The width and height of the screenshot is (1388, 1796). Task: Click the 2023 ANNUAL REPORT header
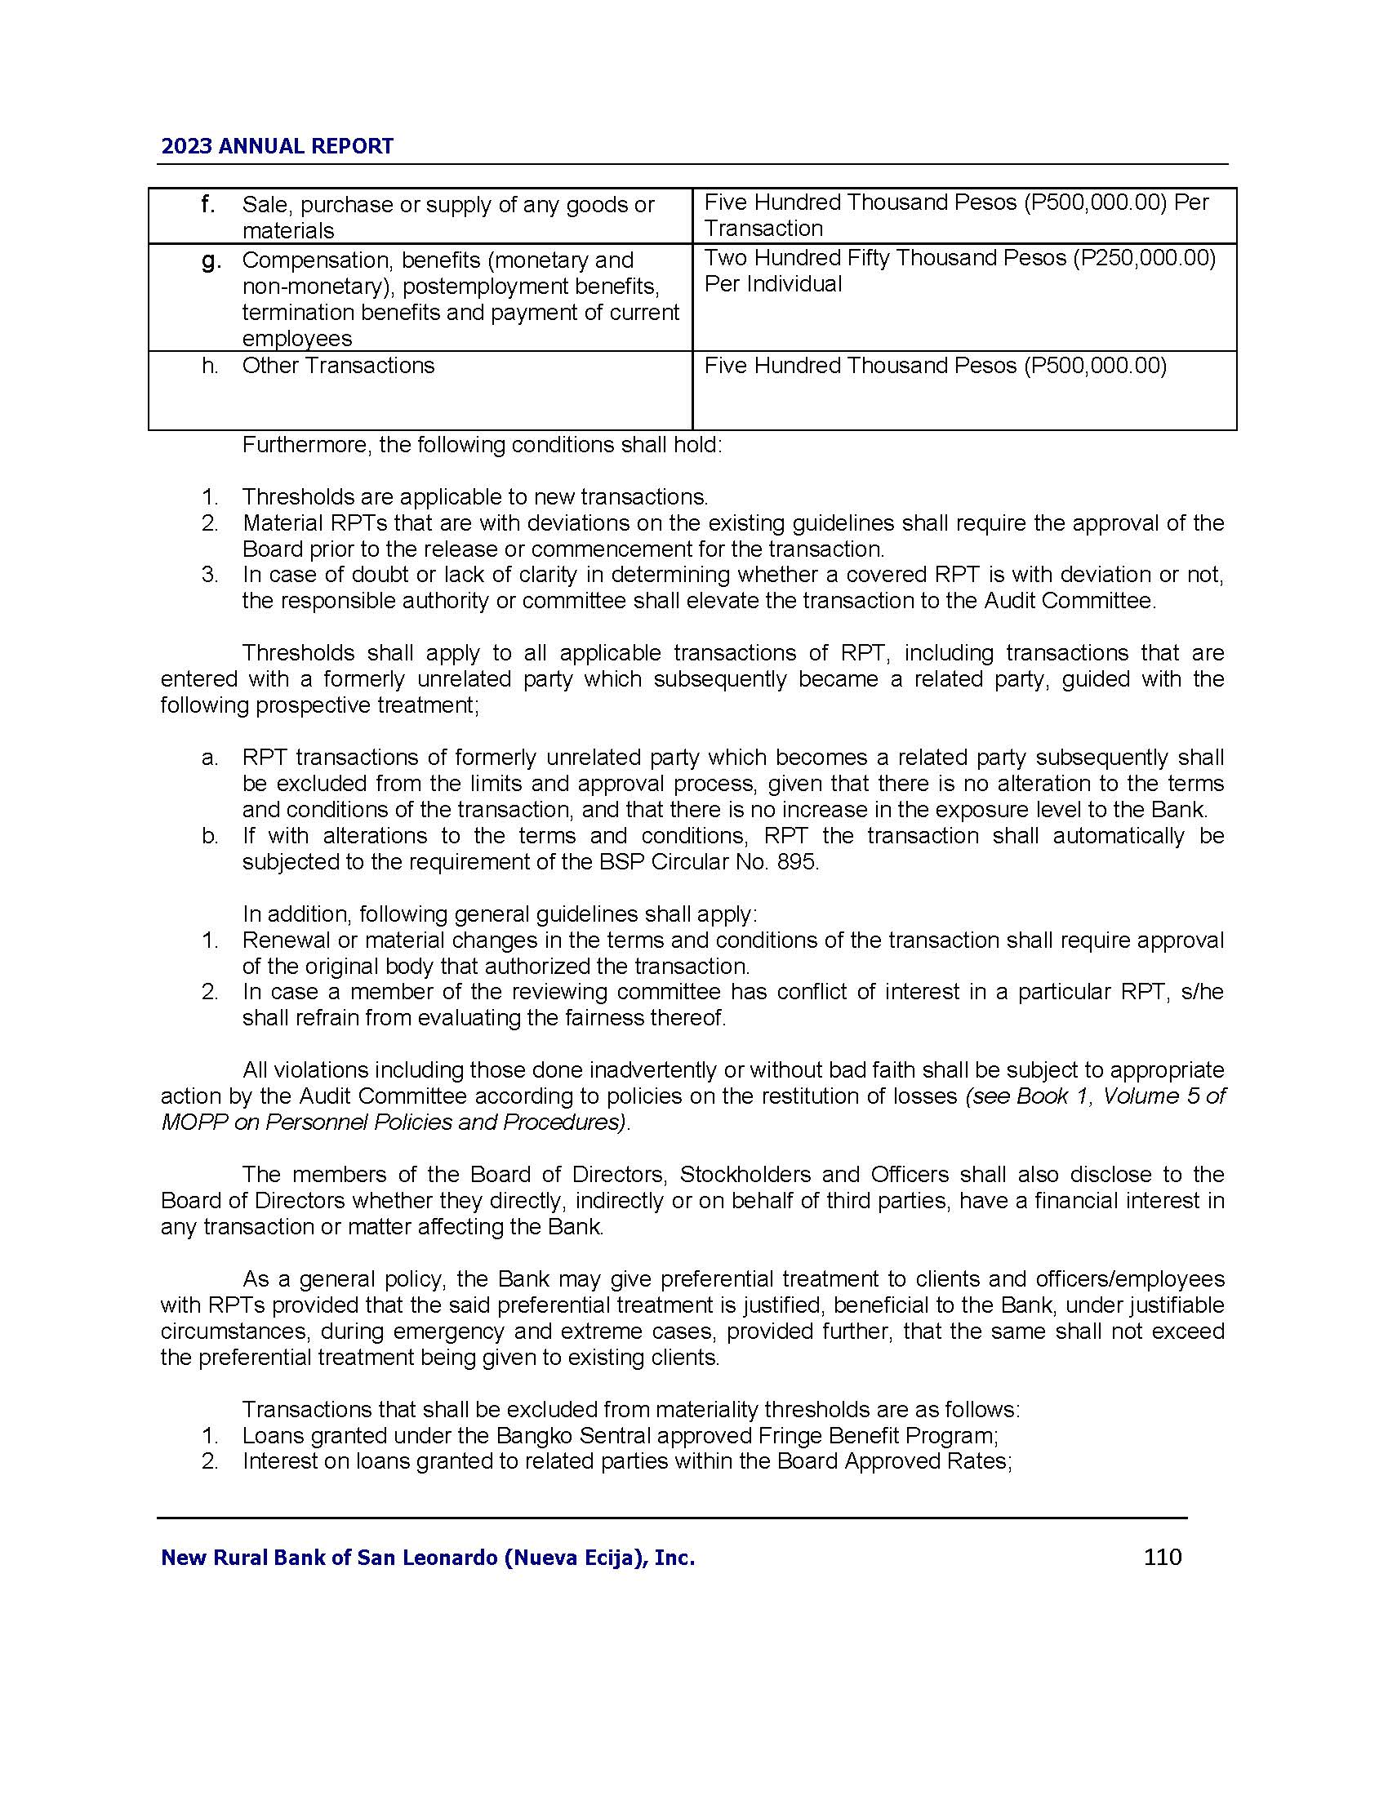pyautogui.click(x=277, y=146)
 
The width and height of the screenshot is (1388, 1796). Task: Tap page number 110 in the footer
pyautogui.click(x=1162, y=1557)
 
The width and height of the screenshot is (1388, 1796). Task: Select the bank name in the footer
pyautogui.click(x=428, y=1558)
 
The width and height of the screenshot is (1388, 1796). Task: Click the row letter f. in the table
pyautogui.click(x=208, y=204)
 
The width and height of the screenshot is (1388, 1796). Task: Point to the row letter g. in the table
pyautogui.click(x=211, y=260)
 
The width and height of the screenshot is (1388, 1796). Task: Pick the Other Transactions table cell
pyautogui.click(x=338, y=366)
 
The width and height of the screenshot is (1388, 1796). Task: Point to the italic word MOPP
pyautogui.click(x=194, y=1122)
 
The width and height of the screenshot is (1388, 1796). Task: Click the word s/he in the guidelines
pyautogui.click(x=1201, y=993)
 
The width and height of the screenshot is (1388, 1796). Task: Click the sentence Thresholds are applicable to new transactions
pyautogui.click(x=474, y=497)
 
